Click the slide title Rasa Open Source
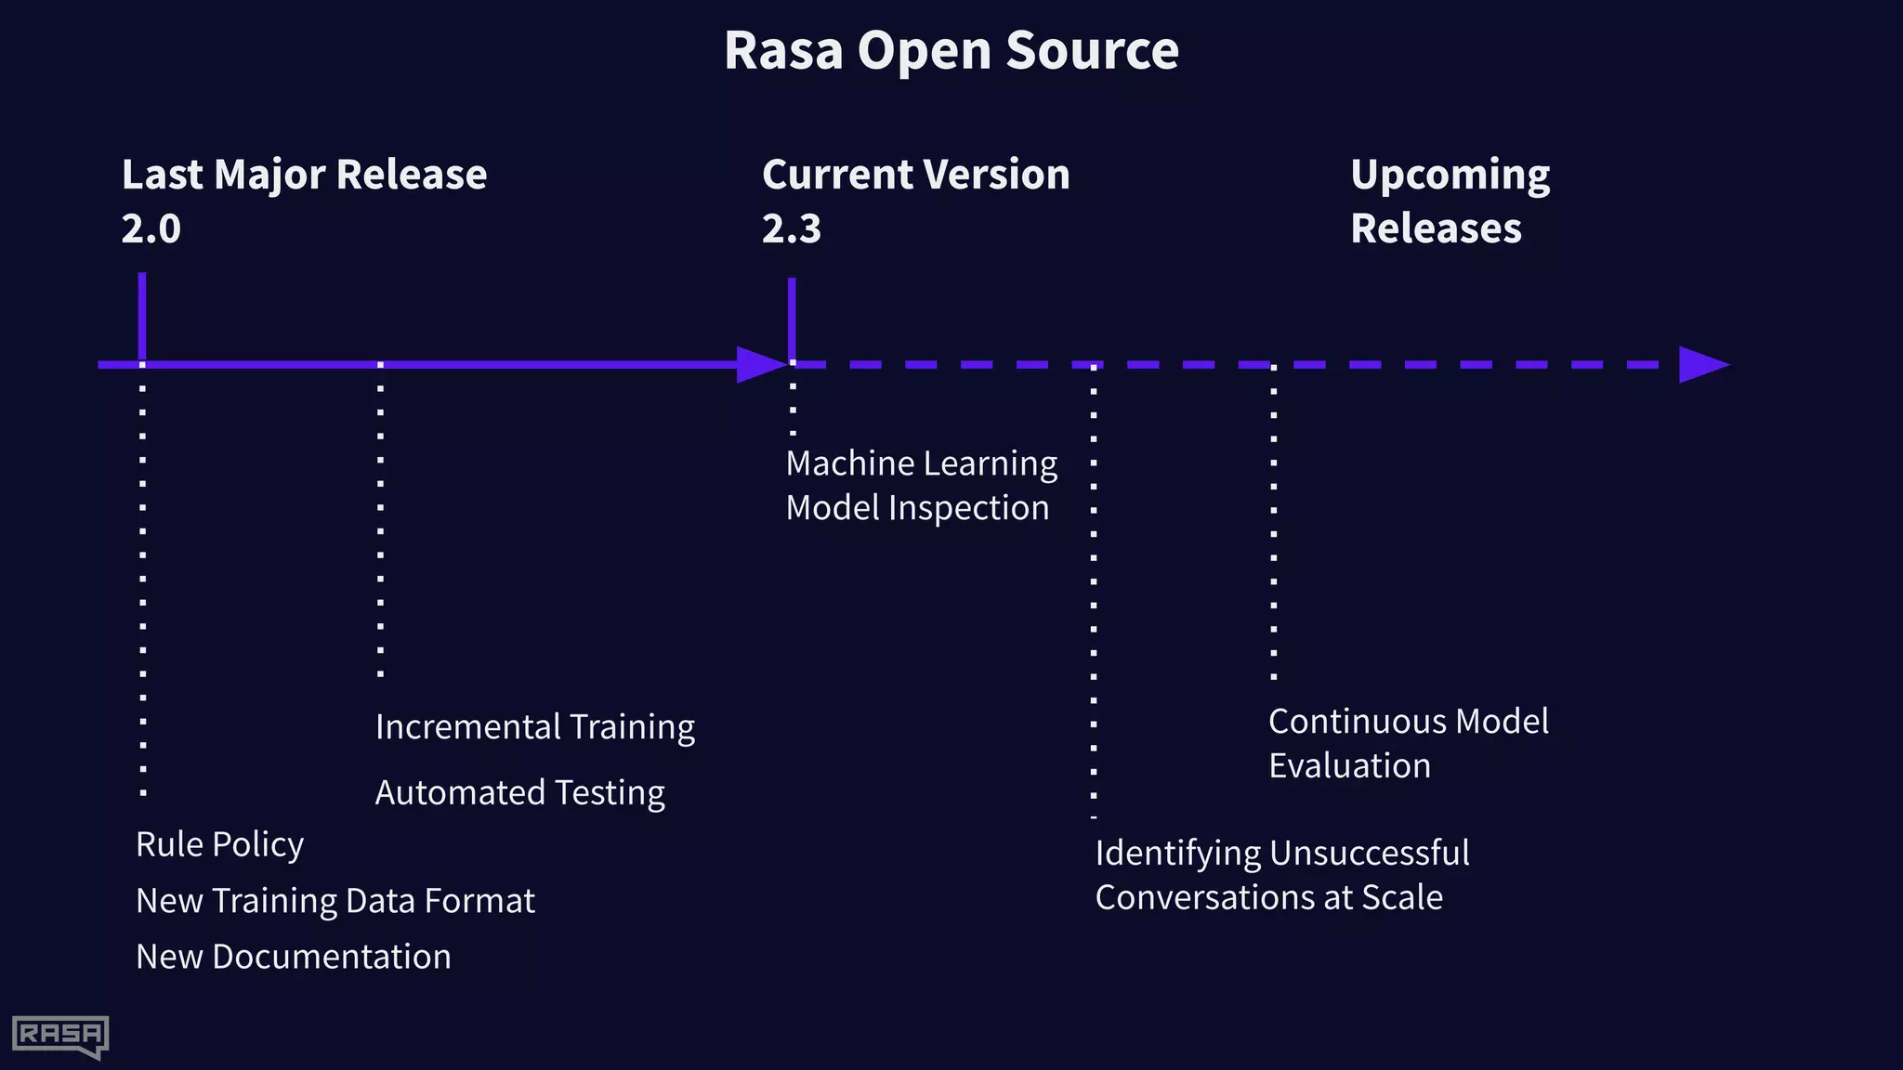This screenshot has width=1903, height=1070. [951, 50]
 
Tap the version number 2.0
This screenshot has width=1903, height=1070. [151, 228]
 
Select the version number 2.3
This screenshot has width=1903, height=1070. [792, 228]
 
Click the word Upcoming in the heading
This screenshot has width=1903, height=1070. [1450, 176]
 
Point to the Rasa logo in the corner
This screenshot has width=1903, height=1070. [60, 1036]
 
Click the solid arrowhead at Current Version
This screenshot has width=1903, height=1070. [760, 365]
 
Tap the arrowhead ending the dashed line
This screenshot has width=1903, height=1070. [1702, 365]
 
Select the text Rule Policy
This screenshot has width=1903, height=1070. [219, 844]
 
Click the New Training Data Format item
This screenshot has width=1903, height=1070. [335, 901]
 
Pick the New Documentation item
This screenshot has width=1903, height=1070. [293, 957]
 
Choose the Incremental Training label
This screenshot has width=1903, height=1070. [534, 727]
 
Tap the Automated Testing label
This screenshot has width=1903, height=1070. [519, 793]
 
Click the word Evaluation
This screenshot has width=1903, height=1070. [1349, 766]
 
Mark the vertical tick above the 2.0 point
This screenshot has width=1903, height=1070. [142, 316]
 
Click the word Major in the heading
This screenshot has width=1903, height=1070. [269, 176]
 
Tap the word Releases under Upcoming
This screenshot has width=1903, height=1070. [1436, 228]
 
